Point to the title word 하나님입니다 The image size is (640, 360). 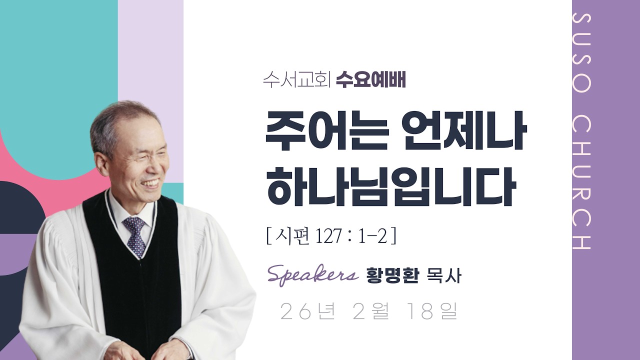click(390, 187)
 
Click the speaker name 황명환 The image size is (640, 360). click(392, 275)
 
